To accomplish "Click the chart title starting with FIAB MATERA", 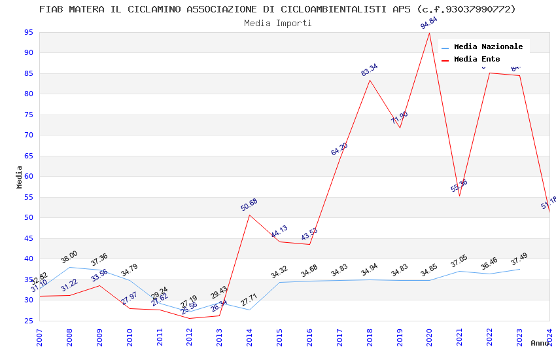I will (277, 9).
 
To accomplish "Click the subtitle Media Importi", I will (277, 23).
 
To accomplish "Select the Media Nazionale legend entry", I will (488, 46).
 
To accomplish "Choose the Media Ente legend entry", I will (477, 59).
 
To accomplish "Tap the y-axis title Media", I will (20, 177).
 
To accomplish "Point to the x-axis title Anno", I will (540, 343).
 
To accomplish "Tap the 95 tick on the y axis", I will (28, 32).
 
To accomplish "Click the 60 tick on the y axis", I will (28, 177).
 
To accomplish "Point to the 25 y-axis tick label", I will (28, 321).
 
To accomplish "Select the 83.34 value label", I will (370, 70).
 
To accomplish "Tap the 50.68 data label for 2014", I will (249, 205).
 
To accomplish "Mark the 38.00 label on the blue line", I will (69, 257).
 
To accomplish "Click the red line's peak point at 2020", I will (429, 33).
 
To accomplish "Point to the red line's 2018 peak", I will (370, 80).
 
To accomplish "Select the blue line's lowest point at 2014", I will (249, 310).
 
